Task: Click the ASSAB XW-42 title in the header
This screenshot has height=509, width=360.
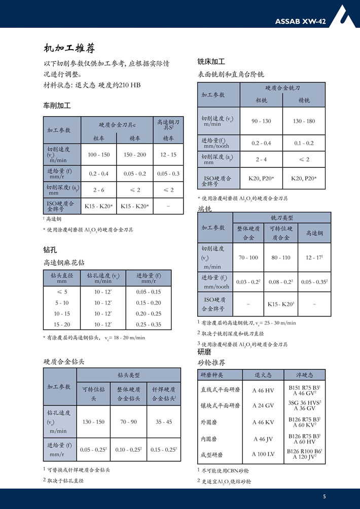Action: (300, 21)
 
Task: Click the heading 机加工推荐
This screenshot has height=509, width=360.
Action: (69, 49)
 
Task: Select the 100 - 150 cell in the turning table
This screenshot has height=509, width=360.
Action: (99, 155)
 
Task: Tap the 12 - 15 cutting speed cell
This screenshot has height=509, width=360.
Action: (168, 155)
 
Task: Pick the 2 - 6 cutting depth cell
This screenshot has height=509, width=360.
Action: (99, 190)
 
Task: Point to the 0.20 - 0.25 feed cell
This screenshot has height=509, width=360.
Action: (149, 313)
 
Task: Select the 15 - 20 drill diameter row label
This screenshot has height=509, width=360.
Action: (62, 324)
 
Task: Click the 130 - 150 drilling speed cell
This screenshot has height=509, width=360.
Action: (93, 422)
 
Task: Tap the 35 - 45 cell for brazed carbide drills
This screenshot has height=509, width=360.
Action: (164, 422)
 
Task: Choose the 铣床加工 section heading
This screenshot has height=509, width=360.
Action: (211, 61)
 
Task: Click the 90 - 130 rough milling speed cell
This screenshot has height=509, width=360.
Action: (261, 121)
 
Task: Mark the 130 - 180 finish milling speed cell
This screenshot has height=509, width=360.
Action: (304, 121)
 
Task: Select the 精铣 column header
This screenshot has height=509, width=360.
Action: (304, 100)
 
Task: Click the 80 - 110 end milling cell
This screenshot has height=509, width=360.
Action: (281, 258)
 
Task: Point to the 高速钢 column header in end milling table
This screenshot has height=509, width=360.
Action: (314, 233)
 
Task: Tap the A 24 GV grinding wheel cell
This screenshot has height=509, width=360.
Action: (263, 406)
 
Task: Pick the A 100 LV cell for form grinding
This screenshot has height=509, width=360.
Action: (263, 454)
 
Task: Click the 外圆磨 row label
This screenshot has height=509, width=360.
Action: (210, 422)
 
